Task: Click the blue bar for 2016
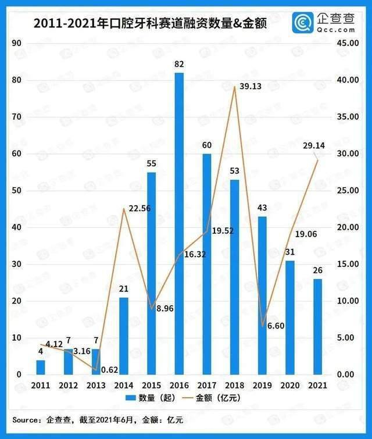click(179, 224)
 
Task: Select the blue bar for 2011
click(40, 367)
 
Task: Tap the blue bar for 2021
click(317, 327)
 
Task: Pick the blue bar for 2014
click(124, 336)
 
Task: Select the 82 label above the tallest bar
click(178, 65)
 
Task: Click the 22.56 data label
click(138, 208)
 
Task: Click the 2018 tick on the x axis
click(234, 385)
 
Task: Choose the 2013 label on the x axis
click(96, 385)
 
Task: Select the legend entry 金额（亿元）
click(214, 398)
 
